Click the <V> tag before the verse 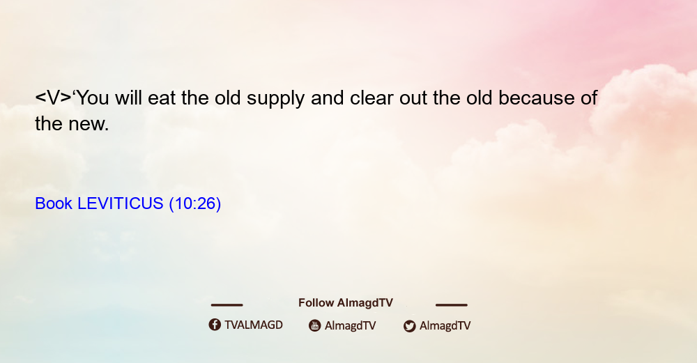point(54,98)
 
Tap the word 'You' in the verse point(93,98)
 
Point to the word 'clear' point(372,98)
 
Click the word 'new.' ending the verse point(89,124)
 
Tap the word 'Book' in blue point(54,203)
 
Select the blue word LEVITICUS point(121,203)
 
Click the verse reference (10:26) point(194,204)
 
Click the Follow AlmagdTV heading point(346,302)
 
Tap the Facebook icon point(215,325)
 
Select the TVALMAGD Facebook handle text point(254,325)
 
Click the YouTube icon point(315,325)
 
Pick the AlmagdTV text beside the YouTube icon point(351,325)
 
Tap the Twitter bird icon point(409,326)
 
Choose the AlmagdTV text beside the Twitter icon point(445,325)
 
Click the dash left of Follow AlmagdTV point(227,304)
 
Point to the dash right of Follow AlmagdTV point(452,304)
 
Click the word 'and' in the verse point(327,98)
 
